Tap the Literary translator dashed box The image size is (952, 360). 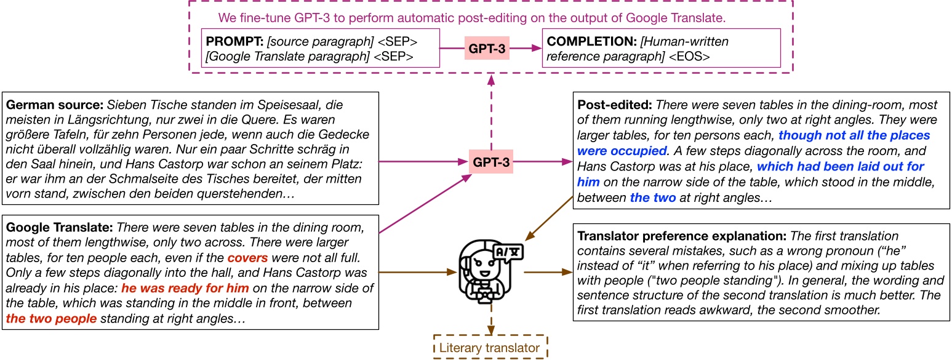click(x=490, y=348)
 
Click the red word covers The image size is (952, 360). click(x=247, y=257)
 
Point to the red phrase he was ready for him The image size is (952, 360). click(x=185, y=287)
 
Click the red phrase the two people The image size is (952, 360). click(x=51, y=318)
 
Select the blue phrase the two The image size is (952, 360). click(x=652, y=198)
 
